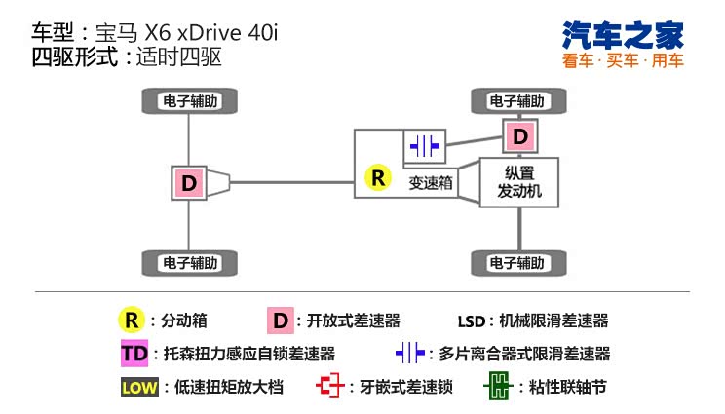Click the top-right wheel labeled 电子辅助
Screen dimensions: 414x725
(x=517, y=100)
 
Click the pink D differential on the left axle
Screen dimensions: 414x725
(x=188, y=181)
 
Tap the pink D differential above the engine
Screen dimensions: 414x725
(x=520, y=134)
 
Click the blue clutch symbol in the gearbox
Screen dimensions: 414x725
(x=425, y=146)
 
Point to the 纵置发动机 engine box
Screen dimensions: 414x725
(x=519, y=182)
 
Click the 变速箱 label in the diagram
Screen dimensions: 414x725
(x=430, y=182)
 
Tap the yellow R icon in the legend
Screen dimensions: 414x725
(x=131, y=320)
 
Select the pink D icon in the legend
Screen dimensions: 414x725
(x=281, y=320)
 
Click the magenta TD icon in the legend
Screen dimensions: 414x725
(x=131, y=353)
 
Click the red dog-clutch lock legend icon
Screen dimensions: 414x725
(x=332, y=386)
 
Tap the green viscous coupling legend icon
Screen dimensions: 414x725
(x=497, y=386)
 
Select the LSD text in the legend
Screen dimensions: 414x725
(x=473, y=320)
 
